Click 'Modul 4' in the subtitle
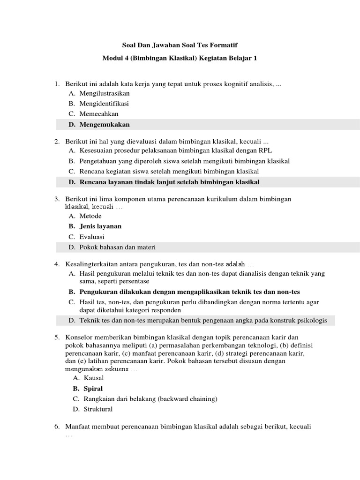click(114, 59)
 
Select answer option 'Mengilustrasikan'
click(105, 93)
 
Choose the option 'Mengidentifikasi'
click(104, 104)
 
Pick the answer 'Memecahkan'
click(99, 114)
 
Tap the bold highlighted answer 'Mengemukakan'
click(105, 125)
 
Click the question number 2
click(57, 141)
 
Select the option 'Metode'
click(90, 216)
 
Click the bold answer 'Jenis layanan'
click(100, 226)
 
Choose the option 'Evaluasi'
click(92, 237)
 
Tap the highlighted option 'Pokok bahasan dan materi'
click(117, 247)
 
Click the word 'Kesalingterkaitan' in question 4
click(90, 264)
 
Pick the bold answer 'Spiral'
click(93, 389)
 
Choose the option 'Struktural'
click(98, 409)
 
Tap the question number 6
click(57, 427)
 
